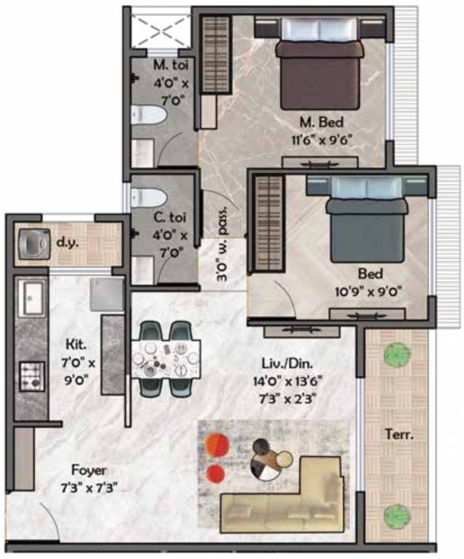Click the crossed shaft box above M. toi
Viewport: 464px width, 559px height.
[160, 30]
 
